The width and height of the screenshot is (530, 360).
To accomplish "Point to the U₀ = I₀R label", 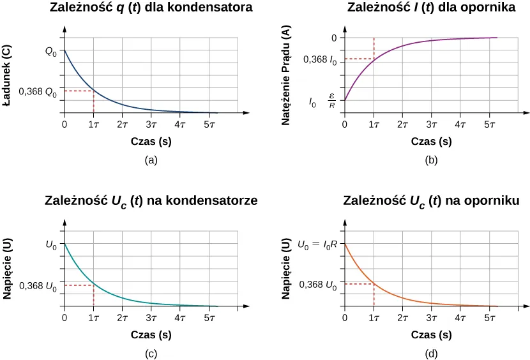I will coord(317,244).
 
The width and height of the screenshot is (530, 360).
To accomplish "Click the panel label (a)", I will coord(151,160).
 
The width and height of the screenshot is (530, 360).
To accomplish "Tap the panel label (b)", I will coord(432,160).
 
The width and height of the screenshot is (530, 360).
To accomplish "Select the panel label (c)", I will coord(151,353).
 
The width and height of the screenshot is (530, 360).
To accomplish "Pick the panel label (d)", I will coord(432,353).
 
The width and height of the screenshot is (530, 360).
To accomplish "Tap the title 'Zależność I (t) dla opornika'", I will coord(432,8).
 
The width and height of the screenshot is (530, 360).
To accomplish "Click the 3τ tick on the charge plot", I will coord(151,124).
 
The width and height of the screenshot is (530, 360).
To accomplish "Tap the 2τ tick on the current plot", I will coord(402,124).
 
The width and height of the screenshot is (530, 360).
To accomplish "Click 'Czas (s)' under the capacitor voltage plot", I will coord(151,334).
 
